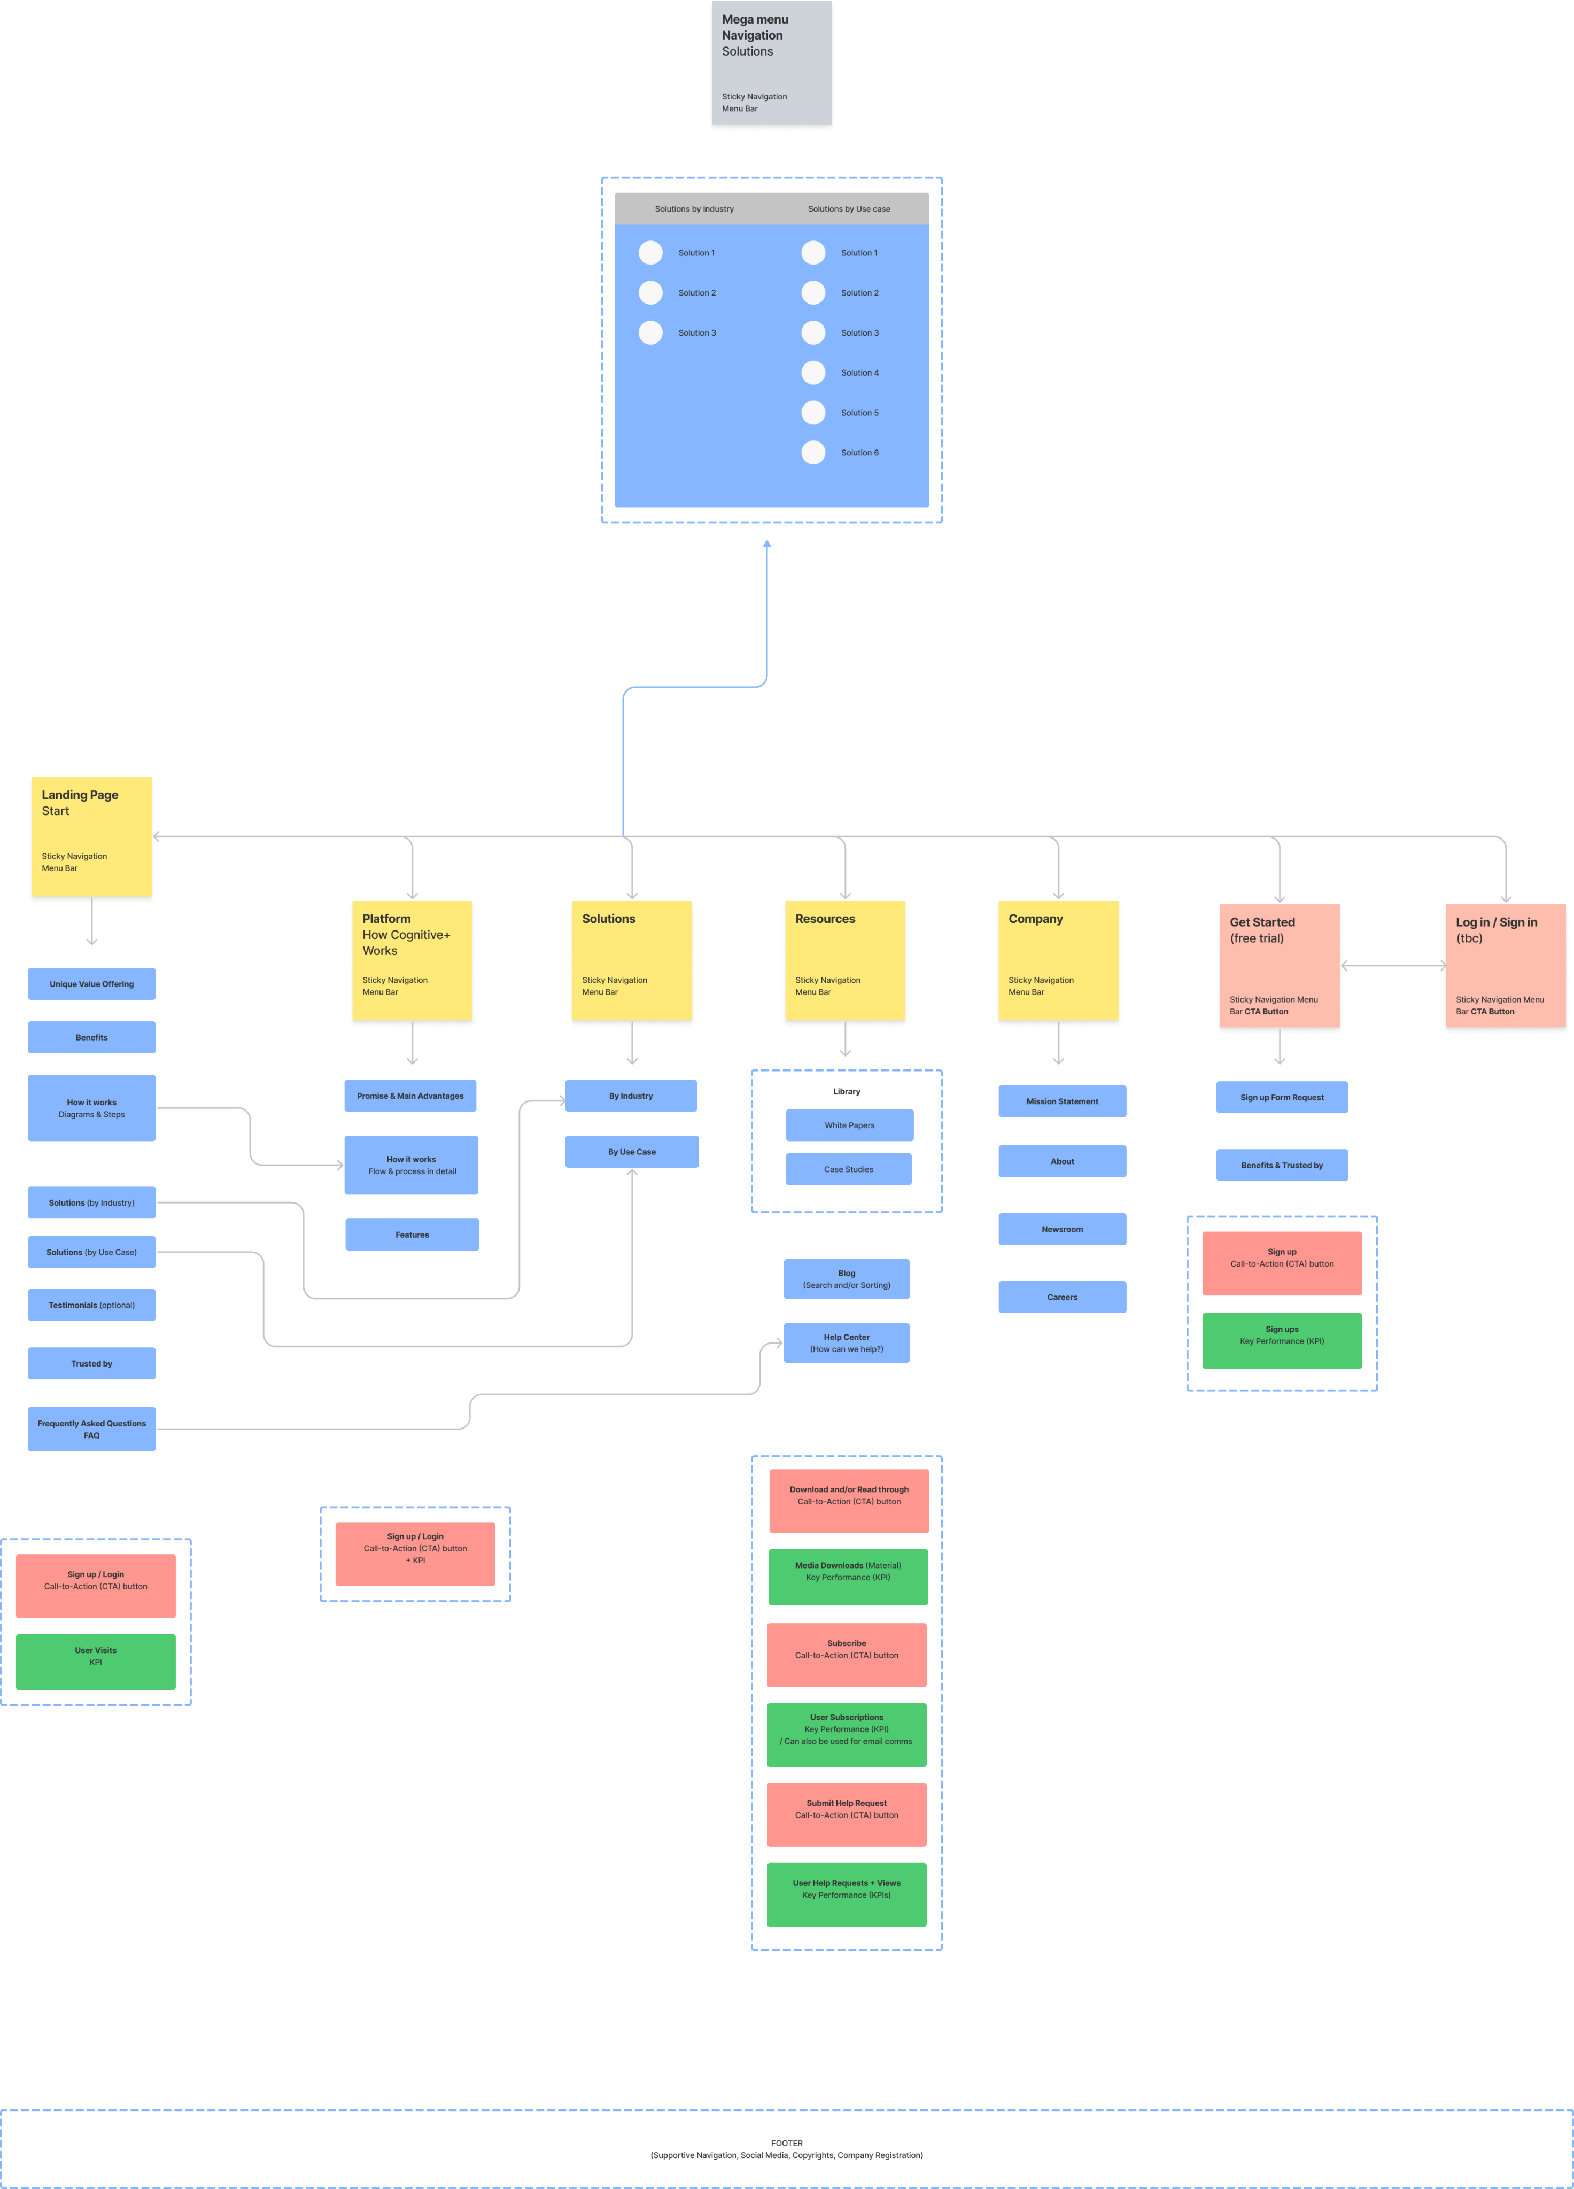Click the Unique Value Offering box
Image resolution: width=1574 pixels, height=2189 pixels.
(92, 983)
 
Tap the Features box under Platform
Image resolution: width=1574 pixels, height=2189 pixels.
(412, 1235)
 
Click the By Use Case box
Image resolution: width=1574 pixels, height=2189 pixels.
(632, 1152)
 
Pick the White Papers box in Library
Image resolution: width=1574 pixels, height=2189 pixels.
(849, 1125)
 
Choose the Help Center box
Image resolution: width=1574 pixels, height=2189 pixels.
(847, 1342)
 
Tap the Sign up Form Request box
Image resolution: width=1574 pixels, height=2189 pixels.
(1282, 1097)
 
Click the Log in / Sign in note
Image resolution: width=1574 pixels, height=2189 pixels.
(1505, 967)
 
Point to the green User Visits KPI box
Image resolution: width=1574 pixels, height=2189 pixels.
(96, 1661)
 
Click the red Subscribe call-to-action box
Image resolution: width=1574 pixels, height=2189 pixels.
(847, 1654)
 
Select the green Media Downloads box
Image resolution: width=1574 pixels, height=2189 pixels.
(847, 1576)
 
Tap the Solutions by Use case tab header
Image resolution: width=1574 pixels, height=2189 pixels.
(849, 208)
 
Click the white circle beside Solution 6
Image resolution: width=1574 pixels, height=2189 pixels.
(813, 453)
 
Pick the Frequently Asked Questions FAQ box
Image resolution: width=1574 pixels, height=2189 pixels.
(92, 1429)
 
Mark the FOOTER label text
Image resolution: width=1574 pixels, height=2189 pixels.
(787, 2143)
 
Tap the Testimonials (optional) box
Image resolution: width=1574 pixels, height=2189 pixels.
(92, 1305)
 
